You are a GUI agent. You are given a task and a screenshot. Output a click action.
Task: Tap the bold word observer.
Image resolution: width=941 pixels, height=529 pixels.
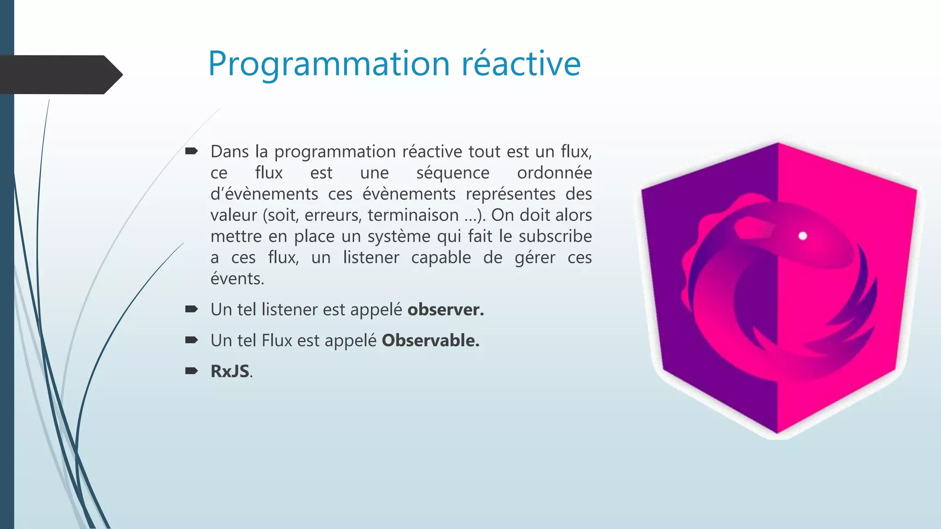click(445, 310)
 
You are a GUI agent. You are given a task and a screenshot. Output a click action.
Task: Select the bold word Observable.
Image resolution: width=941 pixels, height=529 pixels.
click(430, 341)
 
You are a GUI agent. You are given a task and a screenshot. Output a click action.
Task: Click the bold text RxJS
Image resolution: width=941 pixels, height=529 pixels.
click(230, 371)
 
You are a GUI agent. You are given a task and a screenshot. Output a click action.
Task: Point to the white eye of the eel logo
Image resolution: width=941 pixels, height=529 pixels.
click(803, 236)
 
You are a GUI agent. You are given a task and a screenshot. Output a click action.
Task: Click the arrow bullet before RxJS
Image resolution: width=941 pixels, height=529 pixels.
click(191, 371)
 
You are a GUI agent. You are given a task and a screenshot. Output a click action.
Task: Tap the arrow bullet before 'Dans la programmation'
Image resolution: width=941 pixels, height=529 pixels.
click(191, 151)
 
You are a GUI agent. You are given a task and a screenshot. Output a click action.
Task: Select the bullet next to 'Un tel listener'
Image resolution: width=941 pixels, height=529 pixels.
click(191, 309)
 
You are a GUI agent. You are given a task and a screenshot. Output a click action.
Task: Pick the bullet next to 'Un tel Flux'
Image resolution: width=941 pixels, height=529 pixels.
click(191, 340)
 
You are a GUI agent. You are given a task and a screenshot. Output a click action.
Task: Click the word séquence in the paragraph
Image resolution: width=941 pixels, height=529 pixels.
click(453, 173)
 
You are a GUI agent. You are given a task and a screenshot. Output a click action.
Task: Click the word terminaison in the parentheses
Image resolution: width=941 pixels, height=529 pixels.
click(413, 215)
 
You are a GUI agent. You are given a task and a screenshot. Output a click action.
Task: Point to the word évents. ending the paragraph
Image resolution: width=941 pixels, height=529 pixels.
click(237, 279)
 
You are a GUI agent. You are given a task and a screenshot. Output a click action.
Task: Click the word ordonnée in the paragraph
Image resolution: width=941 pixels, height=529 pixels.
click(554, 173)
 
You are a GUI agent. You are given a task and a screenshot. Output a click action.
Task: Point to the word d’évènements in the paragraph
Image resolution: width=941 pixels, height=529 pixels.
click(264, 194)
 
